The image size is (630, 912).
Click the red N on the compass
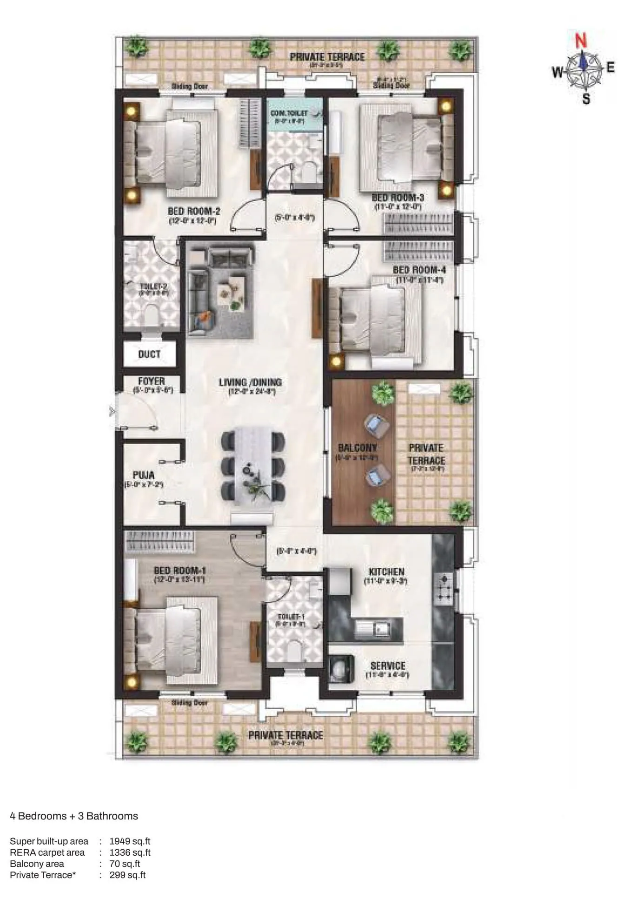tap(581, 41)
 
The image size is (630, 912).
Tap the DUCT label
tap(149, 354)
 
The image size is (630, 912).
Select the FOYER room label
tap(151, 381)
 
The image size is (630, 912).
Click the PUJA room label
tap(143, 475)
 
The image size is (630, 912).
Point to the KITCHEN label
tap(386, 572)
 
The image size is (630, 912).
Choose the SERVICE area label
tap(388, 666)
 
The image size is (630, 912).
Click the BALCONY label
tap(357, 448)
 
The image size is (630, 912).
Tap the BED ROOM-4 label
tap(419, 270)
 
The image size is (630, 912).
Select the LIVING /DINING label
tap(251, 382)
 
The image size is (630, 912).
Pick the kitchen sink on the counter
tap(373, 629)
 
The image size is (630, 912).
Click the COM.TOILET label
tap(289, 113)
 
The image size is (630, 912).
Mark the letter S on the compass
tap(586, 99)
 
